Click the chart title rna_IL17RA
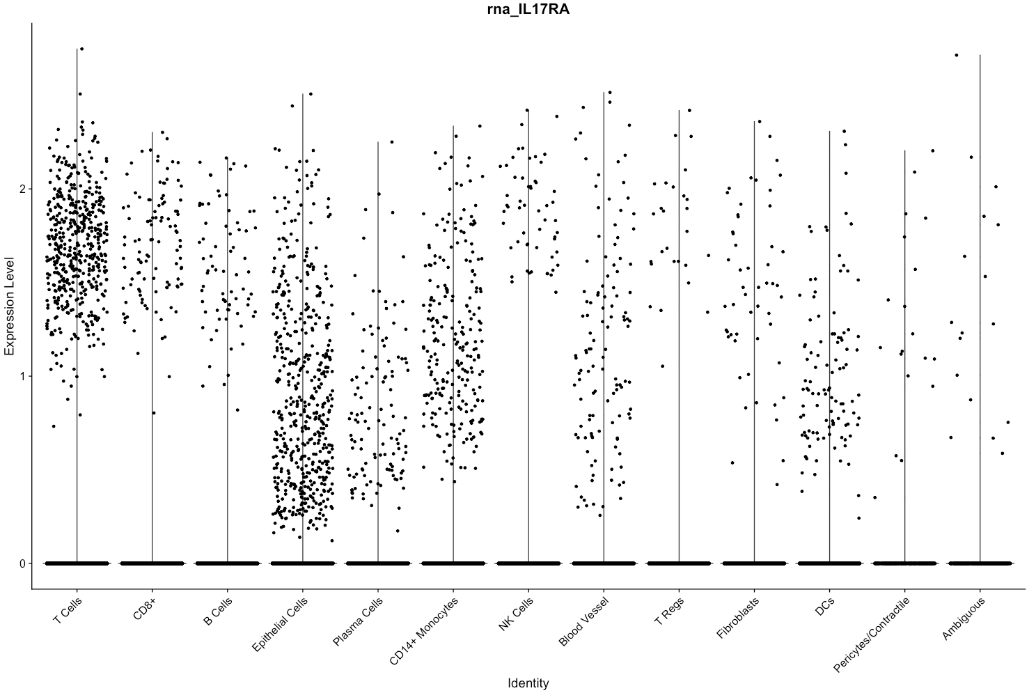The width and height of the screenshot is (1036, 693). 528,9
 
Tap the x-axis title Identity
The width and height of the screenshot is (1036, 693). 528,683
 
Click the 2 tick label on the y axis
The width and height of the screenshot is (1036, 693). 22,189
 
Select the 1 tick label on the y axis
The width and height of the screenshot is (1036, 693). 22,377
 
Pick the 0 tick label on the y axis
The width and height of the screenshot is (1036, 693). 22,563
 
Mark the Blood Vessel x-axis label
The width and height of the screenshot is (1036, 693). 584,620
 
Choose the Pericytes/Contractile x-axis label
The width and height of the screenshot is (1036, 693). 872,634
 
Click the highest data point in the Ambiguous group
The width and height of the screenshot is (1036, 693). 956,55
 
